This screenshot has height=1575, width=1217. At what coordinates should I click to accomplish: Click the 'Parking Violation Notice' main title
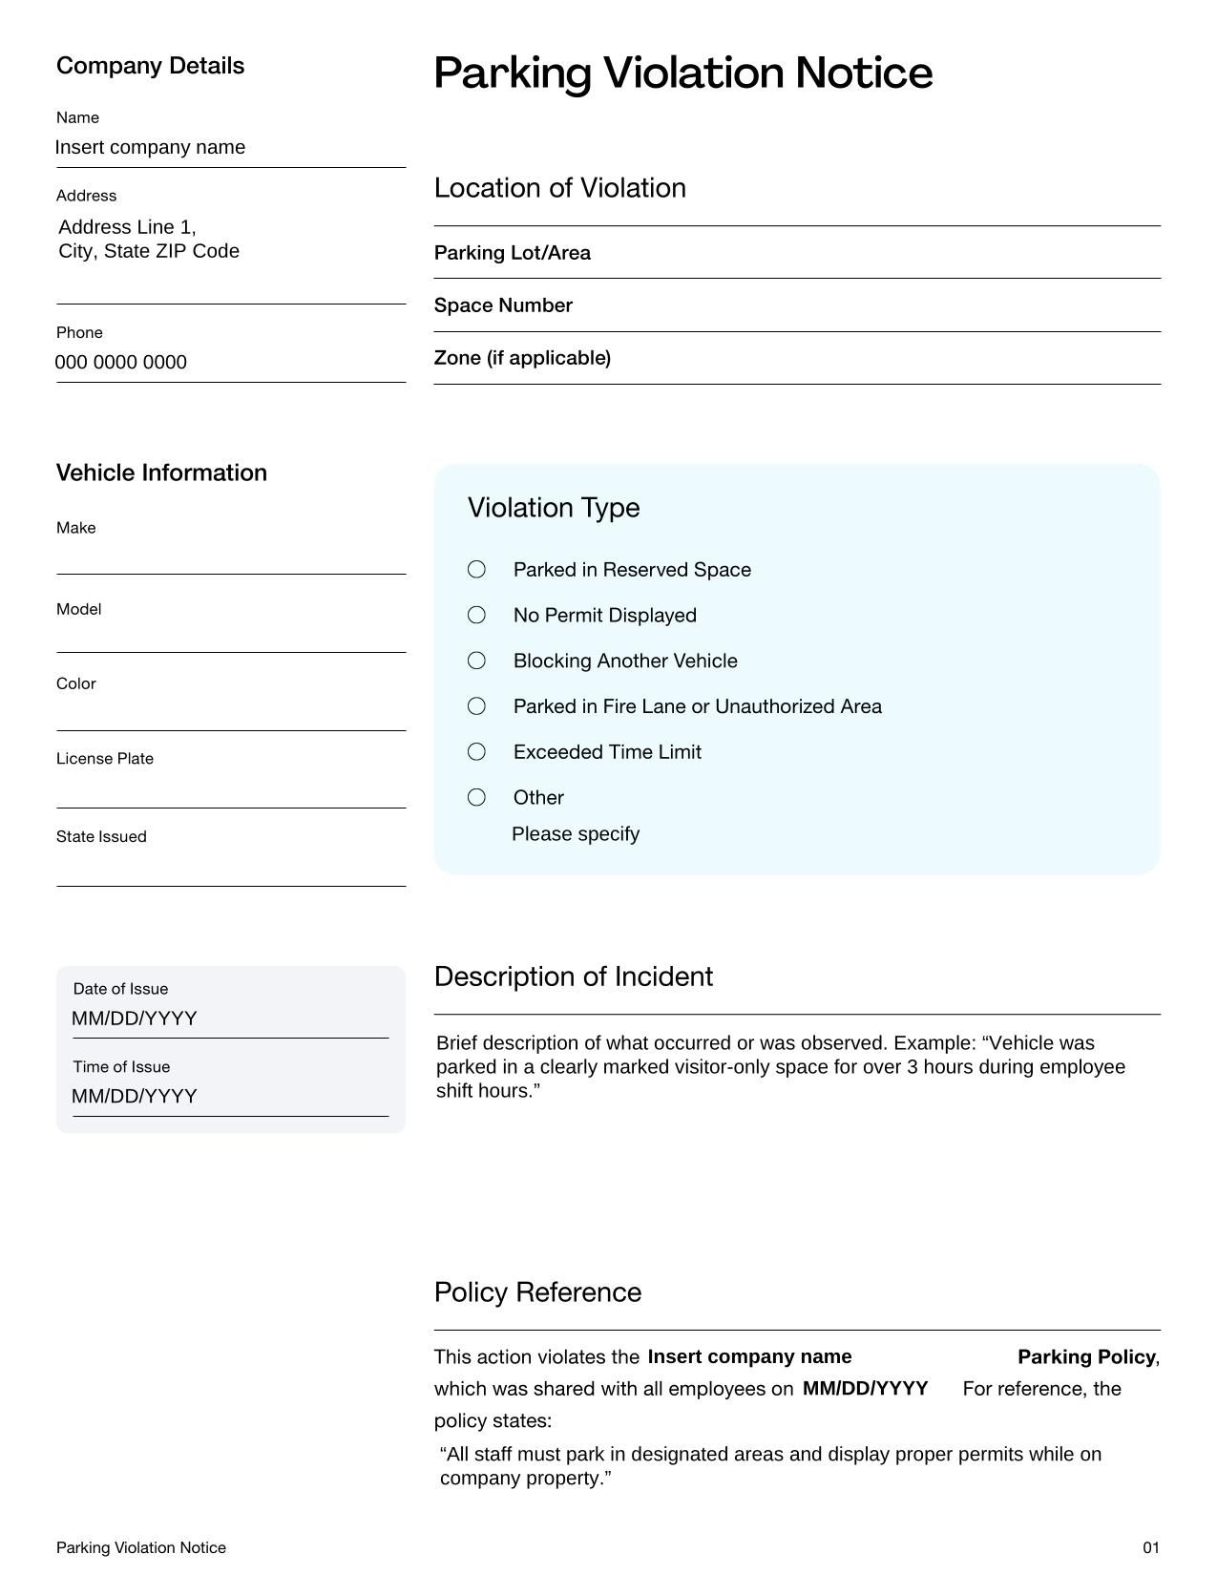tap(682, 73)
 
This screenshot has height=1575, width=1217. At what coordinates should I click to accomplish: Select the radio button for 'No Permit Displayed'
tap(476, 615)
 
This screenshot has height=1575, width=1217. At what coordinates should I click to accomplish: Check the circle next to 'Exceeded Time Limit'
tap(476, 752)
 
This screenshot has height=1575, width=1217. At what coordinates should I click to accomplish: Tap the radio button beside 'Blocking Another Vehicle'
tap(476, 661)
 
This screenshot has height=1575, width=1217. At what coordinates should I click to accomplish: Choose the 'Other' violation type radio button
tap(476, 797)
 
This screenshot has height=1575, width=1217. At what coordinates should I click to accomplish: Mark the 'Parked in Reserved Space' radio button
tap(476, 569)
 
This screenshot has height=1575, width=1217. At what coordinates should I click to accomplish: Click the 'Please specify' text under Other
tap(576, 834)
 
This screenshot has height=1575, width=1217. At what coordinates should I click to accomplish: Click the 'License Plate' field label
tap(105, 759)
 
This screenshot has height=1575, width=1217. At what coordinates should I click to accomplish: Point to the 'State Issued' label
tap(101, 837)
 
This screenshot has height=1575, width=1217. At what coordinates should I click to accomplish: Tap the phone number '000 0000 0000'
tap(121, 363)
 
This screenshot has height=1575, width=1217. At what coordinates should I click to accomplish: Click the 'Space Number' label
tap(503, 305)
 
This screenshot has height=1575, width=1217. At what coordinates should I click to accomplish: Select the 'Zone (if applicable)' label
tap(522, 358)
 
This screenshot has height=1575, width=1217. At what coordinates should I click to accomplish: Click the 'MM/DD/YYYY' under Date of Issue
tap(135, 1018)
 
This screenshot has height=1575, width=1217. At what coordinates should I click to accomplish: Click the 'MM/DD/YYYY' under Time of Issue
tap(135, 1097)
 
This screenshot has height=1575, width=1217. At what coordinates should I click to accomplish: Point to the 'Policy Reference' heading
tap(537, 1292)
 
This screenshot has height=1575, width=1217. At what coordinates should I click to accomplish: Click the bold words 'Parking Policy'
tap(1085, 1357)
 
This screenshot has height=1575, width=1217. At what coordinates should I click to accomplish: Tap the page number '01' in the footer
tap(1151, 1548)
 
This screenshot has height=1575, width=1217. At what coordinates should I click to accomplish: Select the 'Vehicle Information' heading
tap(161, 473)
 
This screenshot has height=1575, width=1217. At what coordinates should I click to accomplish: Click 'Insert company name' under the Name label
tap(150, 148)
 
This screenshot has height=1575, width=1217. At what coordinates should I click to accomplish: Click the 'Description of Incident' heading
tap(573, 977)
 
